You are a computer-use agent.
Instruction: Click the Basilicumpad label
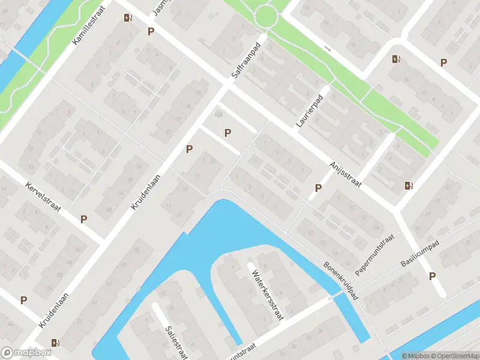coord(420,254)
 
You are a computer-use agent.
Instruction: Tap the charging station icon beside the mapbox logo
coord(56,343)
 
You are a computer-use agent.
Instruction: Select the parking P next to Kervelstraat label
coord(84,219)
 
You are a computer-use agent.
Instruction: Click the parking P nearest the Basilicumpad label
coord(432,276)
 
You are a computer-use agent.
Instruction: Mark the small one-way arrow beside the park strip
coord(327,47)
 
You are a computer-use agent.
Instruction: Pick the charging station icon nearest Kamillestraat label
coord(127,17)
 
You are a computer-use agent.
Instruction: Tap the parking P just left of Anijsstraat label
coord(318,188)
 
